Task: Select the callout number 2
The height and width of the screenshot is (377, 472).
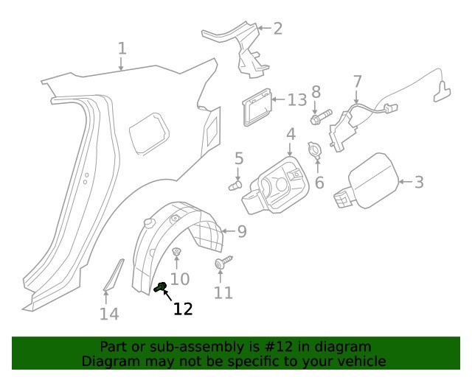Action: pos(277,29)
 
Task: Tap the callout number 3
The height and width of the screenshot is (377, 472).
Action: pos(419,182)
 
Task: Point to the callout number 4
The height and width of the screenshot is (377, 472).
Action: pos(291,134)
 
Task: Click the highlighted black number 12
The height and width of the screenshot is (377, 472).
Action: pos(182,309)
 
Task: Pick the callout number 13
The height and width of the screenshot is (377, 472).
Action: pos(296,99)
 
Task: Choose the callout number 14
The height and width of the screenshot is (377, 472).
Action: pos(108,314)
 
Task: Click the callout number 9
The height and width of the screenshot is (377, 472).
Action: pos(241,231)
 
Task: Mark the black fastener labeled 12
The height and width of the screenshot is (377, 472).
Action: pos(160,287)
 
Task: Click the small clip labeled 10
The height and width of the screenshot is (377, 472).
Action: pos(176,253)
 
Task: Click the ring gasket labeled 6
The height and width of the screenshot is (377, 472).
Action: pos(315,150)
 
